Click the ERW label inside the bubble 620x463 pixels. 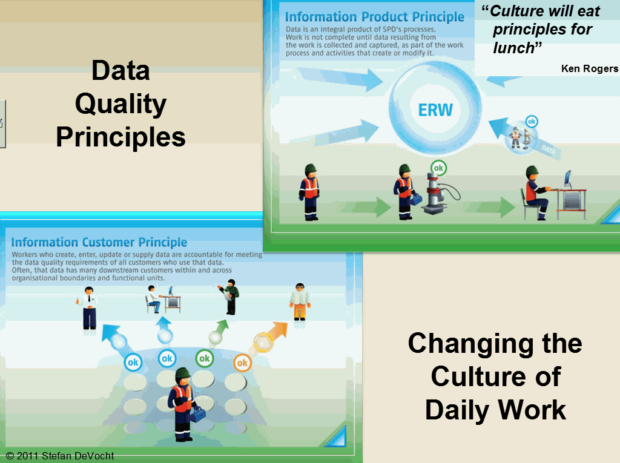pos(435,110)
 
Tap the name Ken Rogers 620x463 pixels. pos(590,68)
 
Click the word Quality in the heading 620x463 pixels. pos(120,105)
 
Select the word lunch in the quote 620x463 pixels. pos(513,48)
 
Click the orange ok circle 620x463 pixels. pos(242,363)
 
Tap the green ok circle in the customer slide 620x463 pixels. pos(205,359)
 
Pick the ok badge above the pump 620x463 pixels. pos(438,168)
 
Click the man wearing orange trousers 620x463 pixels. pos(300,301)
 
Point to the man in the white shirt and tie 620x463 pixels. pos(88,308)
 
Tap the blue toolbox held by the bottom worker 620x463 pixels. pos(197,414)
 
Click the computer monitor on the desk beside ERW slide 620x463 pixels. pos(568,179)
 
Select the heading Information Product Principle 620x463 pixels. pos(374,16)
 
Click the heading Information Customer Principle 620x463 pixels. pos(99,242)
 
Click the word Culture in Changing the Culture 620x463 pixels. pos(496,376)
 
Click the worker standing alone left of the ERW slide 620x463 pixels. pos(309,192)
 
